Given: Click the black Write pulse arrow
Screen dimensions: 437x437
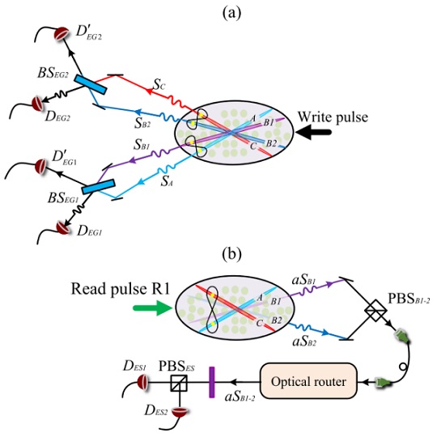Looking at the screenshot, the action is tap(313, 132).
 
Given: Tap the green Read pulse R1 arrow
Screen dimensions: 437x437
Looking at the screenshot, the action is tap(152, 308).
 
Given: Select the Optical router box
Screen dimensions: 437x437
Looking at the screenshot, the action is tap(308, 381).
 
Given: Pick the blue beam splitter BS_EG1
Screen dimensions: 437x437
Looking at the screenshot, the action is tap(99, 186).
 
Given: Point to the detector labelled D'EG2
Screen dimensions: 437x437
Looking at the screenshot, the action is tap(62, 33).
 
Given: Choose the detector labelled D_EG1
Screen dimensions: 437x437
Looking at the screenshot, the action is tap(62, 227).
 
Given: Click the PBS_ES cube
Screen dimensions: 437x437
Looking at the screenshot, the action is tap(179, 384).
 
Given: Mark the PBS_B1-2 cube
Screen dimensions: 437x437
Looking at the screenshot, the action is tap(375, 310).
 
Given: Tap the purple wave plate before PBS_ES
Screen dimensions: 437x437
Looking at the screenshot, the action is tap(212, 382).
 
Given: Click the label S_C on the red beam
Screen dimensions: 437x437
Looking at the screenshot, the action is tap(159, 84).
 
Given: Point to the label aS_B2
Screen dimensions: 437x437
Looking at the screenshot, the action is tap(304, 341).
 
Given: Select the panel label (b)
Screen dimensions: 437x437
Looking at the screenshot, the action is tap(232, 254).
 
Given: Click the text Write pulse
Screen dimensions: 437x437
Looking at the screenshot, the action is tap(333, 117).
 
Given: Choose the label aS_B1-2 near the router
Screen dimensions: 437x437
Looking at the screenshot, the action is tap(240, 397).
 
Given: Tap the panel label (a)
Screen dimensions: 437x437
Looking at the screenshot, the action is tap(232, 13).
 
